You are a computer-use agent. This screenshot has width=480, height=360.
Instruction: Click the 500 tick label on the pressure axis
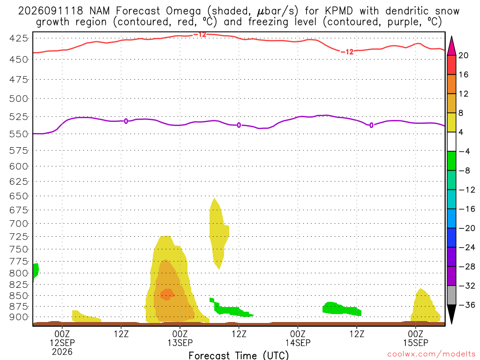[19, 98]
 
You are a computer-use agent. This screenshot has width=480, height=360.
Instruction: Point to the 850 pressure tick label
[19, 296]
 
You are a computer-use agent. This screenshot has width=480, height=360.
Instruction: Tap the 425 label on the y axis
[19, 38]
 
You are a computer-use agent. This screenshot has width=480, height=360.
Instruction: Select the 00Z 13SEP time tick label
[180, 338]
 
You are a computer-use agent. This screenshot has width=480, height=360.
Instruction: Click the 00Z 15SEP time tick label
[415, 338]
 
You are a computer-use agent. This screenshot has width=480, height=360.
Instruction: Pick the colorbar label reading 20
[463, 55]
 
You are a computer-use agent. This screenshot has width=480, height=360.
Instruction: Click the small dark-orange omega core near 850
[167, 295]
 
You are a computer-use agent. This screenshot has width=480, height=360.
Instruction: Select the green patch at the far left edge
[35, 271]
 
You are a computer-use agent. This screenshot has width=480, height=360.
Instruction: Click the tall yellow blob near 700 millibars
[218, 232]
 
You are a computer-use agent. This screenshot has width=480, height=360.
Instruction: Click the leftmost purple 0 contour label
[126, 121]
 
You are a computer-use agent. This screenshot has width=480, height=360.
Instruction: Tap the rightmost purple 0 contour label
[371, 125]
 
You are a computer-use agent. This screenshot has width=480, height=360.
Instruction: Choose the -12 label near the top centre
[200, 35]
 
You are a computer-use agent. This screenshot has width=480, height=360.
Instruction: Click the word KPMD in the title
[338, 11]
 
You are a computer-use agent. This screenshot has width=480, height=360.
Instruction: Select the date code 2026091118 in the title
[51, 11]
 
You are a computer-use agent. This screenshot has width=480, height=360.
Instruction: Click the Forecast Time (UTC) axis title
[239, 355]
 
